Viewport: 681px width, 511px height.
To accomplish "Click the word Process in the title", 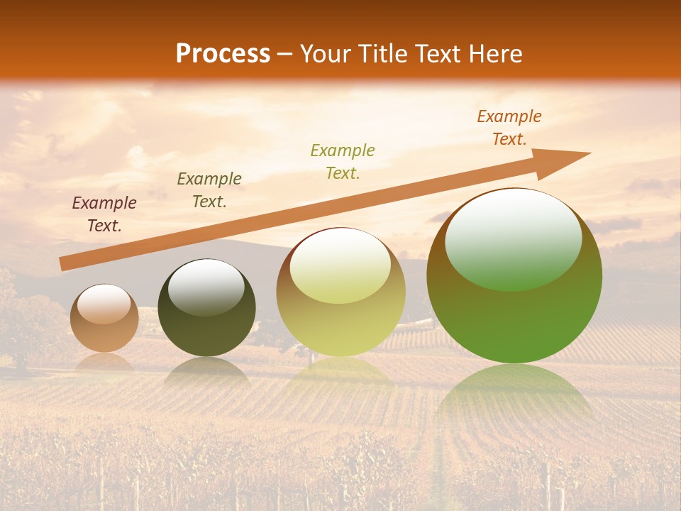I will point(223,54).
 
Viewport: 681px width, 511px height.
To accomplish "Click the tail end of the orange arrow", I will point(62,264).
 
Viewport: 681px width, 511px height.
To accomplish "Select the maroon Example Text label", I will point(104,214).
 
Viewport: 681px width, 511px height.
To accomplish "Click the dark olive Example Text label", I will point(209,190).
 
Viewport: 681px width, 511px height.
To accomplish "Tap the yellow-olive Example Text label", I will point(343,161).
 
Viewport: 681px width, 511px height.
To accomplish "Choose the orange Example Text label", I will point(509,128).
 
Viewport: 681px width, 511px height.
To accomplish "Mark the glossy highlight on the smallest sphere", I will point(104,304).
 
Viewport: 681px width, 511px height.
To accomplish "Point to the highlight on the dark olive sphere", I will point(206,286).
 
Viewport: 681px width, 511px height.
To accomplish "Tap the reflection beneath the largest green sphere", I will point(514,397).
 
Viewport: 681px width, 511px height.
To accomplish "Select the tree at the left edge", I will point(18,319).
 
